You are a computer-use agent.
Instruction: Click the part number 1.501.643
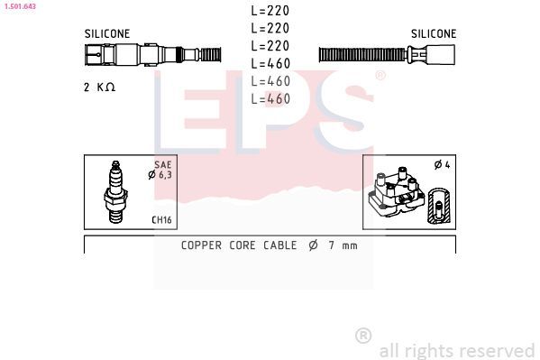(20, 5)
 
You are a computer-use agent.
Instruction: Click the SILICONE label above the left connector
(107, 33)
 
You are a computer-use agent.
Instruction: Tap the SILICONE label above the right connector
(434, 33)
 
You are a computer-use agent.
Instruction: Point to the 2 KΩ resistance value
(99, 87)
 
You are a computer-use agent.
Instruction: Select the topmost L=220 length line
(270, 11)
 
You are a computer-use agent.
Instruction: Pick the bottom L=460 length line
(270, 99)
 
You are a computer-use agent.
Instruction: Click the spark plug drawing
(116, 191)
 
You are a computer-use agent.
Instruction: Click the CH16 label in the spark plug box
(161, 219)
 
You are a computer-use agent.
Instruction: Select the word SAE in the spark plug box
(163, 164)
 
